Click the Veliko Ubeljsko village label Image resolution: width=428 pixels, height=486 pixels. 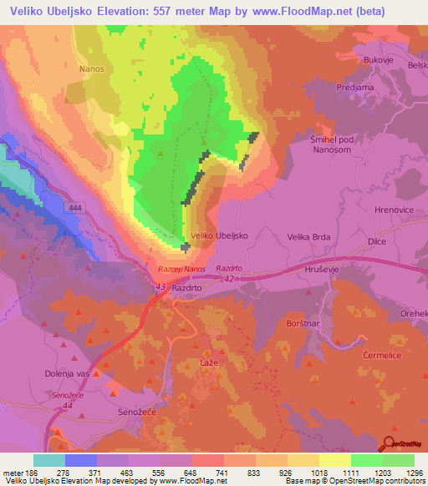point(219,236)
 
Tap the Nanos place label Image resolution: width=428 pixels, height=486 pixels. point(91,69)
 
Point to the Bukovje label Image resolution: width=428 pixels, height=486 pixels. point(378,59)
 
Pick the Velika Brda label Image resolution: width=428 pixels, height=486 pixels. point(309,237)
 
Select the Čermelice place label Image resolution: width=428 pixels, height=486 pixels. point(384,355)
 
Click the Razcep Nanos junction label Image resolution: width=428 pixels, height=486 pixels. point(181,270)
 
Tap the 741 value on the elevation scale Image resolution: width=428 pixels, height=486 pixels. point(222,473)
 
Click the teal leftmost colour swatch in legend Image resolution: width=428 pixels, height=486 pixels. point(49,460)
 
